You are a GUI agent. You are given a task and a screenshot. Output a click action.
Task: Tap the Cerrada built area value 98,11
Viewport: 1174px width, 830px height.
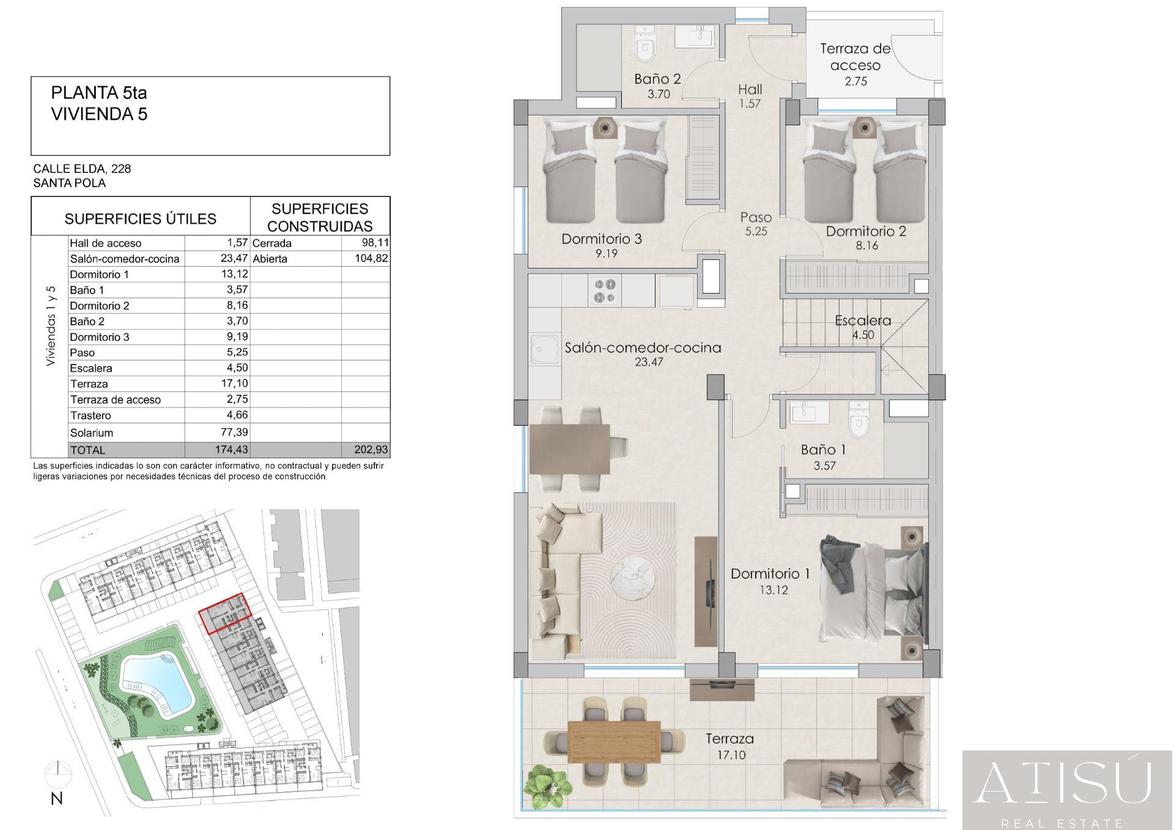375,243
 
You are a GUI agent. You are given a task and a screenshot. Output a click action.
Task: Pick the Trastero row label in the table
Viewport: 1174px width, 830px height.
90,415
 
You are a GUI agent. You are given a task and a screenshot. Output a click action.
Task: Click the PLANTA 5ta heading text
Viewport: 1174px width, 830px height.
99,93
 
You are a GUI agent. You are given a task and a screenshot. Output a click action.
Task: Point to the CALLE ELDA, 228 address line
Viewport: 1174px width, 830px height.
82,168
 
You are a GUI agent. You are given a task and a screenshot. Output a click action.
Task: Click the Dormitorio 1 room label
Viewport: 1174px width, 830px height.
770,574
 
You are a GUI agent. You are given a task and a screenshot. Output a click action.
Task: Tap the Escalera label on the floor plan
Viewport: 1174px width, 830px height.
863,321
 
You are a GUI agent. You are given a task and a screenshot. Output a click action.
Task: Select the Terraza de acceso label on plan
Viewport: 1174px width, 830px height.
855,57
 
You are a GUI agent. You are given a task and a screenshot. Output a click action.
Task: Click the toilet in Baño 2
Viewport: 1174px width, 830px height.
644,45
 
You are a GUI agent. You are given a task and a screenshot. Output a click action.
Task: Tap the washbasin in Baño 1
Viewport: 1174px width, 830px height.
810,412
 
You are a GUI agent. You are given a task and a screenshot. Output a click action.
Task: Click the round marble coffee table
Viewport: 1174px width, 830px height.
632,578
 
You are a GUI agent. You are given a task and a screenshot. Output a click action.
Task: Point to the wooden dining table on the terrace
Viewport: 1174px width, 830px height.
614,741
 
